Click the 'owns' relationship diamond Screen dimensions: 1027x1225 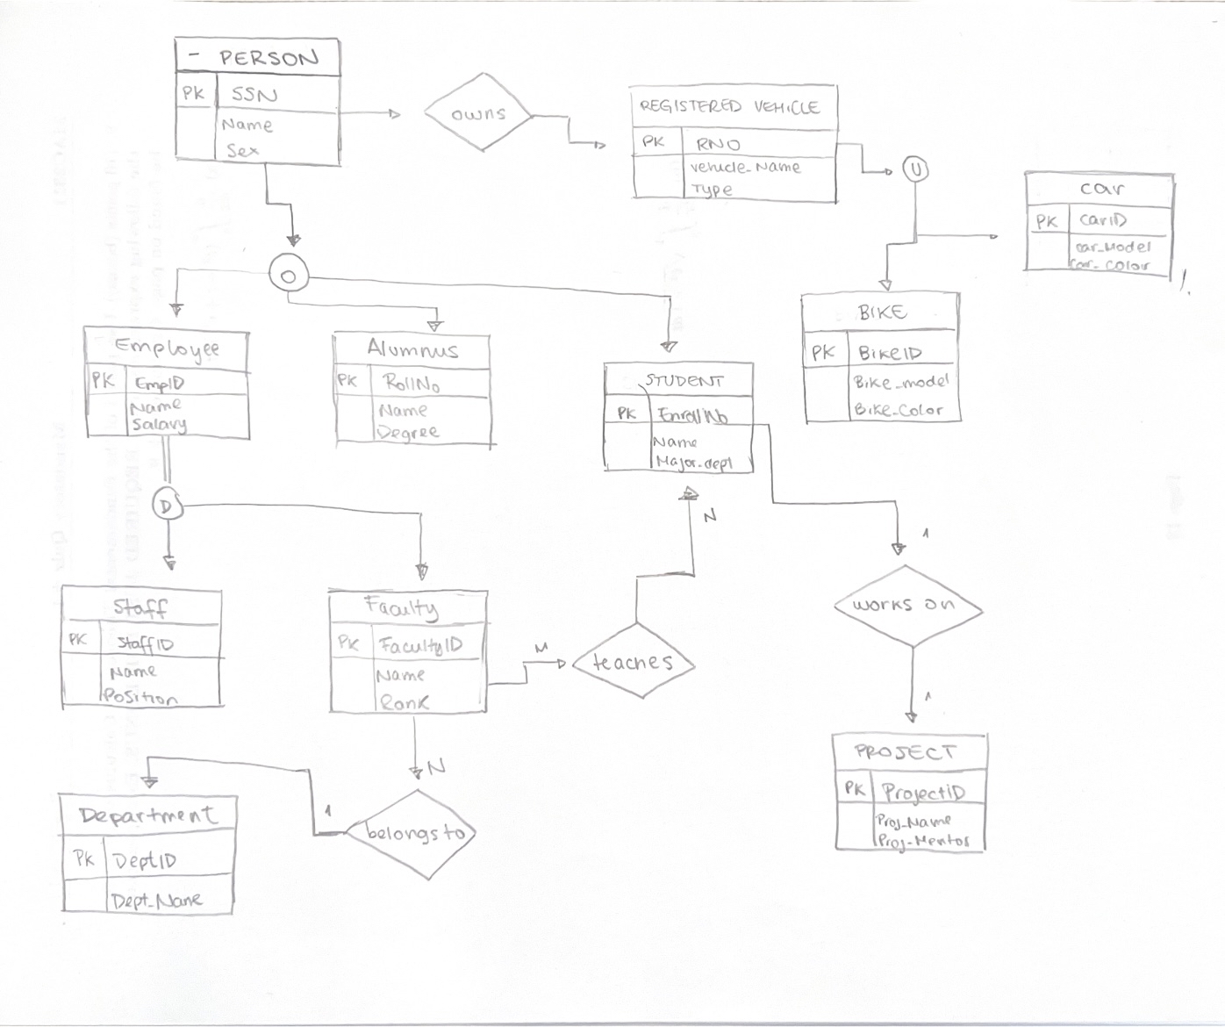(478, 114)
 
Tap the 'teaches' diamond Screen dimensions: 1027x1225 (633, 662)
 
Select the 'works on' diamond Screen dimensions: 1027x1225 (905, 605)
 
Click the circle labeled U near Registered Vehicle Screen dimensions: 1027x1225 (915, 169)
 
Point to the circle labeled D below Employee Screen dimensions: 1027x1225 (167, 505)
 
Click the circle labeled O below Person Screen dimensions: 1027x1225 (288, 276)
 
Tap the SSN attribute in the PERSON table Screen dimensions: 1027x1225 (254, 94)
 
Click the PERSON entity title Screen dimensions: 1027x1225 (268, 58)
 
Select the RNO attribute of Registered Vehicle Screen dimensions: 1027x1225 (718, 144)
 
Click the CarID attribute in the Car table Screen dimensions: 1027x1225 (1103, 220)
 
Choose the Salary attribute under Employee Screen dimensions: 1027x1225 (158, 425)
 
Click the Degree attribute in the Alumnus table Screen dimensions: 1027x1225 (407, 432)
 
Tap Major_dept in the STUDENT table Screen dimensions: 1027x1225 (693, 463)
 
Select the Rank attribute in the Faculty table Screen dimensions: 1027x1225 (404, 702)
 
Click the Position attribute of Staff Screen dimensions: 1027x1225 (140, 697)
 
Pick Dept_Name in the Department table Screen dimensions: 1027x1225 (156, 900)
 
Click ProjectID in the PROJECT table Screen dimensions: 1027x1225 (922, 792)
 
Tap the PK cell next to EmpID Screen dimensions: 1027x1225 (103, 381)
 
